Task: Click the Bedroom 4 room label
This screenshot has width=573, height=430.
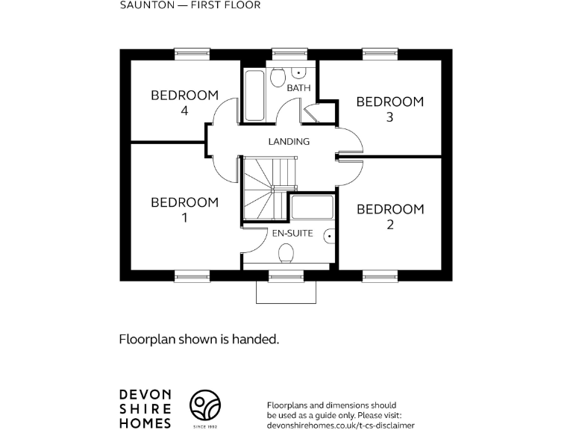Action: [x=184, y=103]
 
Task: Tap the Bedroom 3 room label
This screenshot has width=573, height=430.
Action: [x=389, y=109]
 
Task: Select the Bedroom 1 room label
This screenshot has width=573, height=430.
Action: [x=184, y=210]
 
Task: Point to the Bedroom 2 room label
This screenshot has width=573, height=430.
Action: [x=389, y=216]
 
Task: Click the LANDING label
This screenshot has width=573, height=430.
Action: [x=289, y=141]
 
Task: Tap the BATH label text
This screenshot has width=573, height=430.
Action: [x=298, y=88]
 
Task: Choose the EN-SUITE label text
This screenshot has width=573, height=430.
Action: [x=292, y=233]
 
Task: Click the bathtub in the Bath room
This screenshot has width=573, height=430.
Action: [x=254, y=96]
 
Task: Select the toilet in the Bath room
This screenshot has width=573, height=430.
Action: [x=278, y=77]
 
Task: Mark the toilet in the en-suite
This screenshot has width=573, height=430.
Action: [x=285, y=255]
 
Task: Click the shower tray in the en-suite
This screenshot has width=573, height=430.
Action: [x=314, y=208]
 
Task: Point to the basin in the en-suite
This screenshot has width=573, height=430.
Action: [x=329, y=236]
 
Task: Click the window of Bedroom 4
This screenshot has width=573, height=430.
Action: [x=192, y=53]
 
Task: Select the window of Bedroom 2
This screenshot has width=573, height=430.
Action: [x=381, y=276]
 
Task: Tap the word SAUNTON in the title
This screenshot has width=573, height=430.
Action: [x=143, y=5]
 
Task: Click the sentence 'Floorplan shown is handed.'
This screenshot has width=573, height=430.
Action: [x=199, y=339]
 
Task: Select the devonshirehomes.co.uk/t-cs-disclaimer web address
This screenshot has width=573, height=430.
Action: [x=340, y=424]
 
